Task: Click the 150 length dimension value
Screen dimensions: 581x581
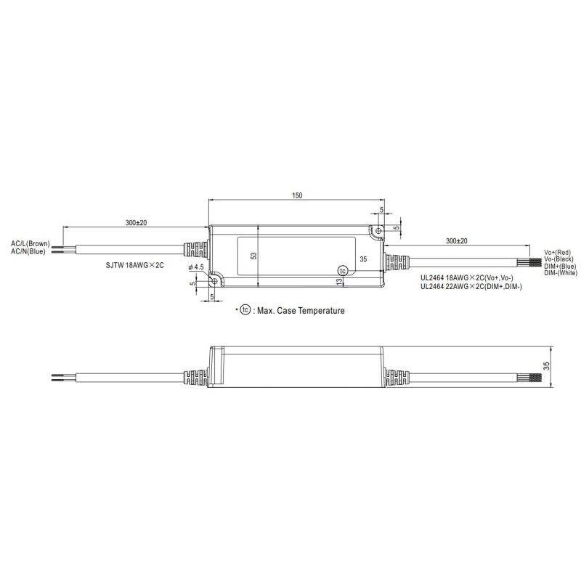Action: pos(297,195)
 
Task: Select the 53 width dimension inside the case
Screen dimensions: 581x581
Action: pos(253,256)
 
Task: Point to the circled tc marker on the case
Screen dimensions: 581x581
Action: pos(343,270)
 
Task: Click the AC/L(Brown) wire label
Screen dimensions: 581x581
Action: pos(30,243)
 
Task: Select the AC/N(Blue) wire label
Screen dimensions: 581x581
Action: pos(28,251)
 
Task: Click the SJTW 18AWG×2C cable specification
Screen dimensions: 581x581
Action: pos(135,267)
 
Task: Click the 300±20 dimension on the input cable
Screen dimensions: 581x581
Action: pos(135,223)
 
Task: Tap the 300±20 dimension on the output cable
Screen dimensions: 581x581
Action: pos(456,240)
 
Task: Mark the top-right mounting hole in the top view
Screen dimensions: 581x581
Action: pos(377,231)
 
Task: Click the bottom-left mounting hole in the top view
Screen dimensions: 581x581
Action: pos(215,278)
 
